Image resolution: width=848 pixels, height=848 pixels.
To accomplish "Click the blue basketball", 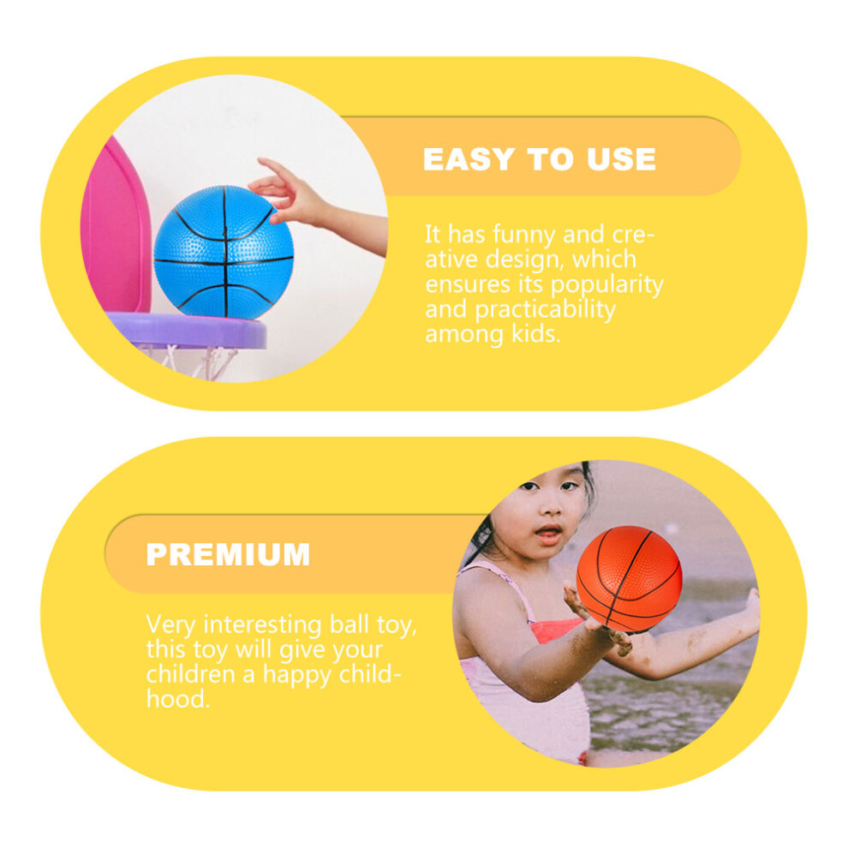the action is tap(224, 252).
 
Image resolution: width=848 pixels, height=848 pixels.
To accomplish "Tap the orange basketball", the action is tap(629, 578).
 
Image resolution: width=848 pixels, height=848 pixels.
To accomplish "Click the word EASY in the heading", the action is tap(469, 159).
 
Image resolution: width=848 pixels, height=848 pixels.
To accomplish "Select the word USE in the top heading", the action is tap(621, 159).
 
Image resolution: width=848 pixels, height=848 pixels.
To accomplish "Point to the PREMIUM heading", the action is tap(228, 554).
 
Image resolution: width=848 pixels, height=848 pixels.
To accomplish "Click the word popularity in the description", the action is tap(606, 285).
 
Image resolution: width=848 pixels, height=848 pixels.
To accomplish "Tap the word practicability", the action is tap(545, 310).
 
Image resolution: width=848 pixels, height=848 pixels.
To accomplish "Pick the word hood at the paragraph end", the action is tap(177, 699).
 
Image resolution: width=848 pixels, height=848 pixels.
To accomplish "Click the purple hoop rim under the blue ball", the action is tap(187, 330).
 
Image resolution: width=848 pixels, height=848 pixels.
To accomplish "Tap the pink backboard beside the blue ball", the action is tap(116, 227).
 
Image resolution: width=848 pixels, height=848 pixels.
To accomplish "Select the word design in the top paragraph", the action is tap(520, 260).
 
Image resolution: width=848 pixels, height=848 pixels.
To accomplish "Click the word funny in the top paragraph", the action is tap(523, 236).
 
